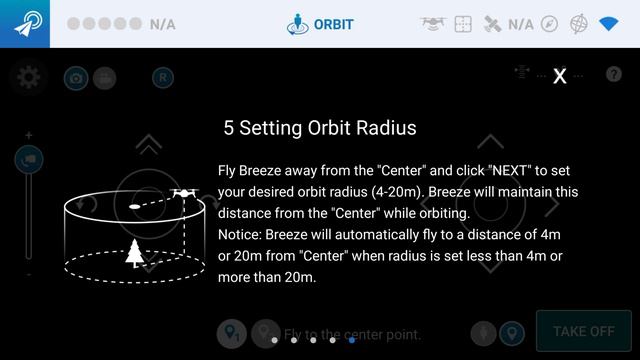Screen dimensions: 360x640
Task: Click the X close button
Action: point(560,76)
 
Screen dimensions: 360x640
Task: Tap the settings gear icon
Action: point(28,76)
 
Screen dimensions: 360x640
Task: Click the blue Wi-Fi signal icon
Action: point(609,23)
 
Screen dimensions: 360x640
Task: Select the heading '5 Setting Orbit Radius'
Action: point(320,128)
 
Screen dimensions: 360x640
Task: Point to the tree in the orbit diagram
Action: point(135,253)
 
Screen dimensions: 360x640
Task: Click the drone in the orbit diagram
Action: point(183,192)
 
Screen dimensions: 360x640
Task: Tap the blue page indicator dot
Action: point(352,340)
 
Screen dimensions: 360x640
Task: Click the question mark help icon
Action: point(614,76)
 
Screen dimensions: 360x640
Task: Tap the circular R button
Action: point(163,77)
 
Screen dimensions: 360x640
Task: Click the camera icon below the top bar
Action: point(75,77)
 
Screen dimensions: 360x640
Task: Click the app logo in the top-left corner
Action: point(25,23)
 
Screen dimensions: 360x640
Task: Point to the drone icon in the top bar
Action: point(432,23)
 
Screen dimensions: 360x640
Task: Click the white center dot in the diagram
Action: point(134,207)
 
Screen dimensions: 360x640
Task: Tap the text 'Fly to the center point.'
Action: point(352,334)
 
